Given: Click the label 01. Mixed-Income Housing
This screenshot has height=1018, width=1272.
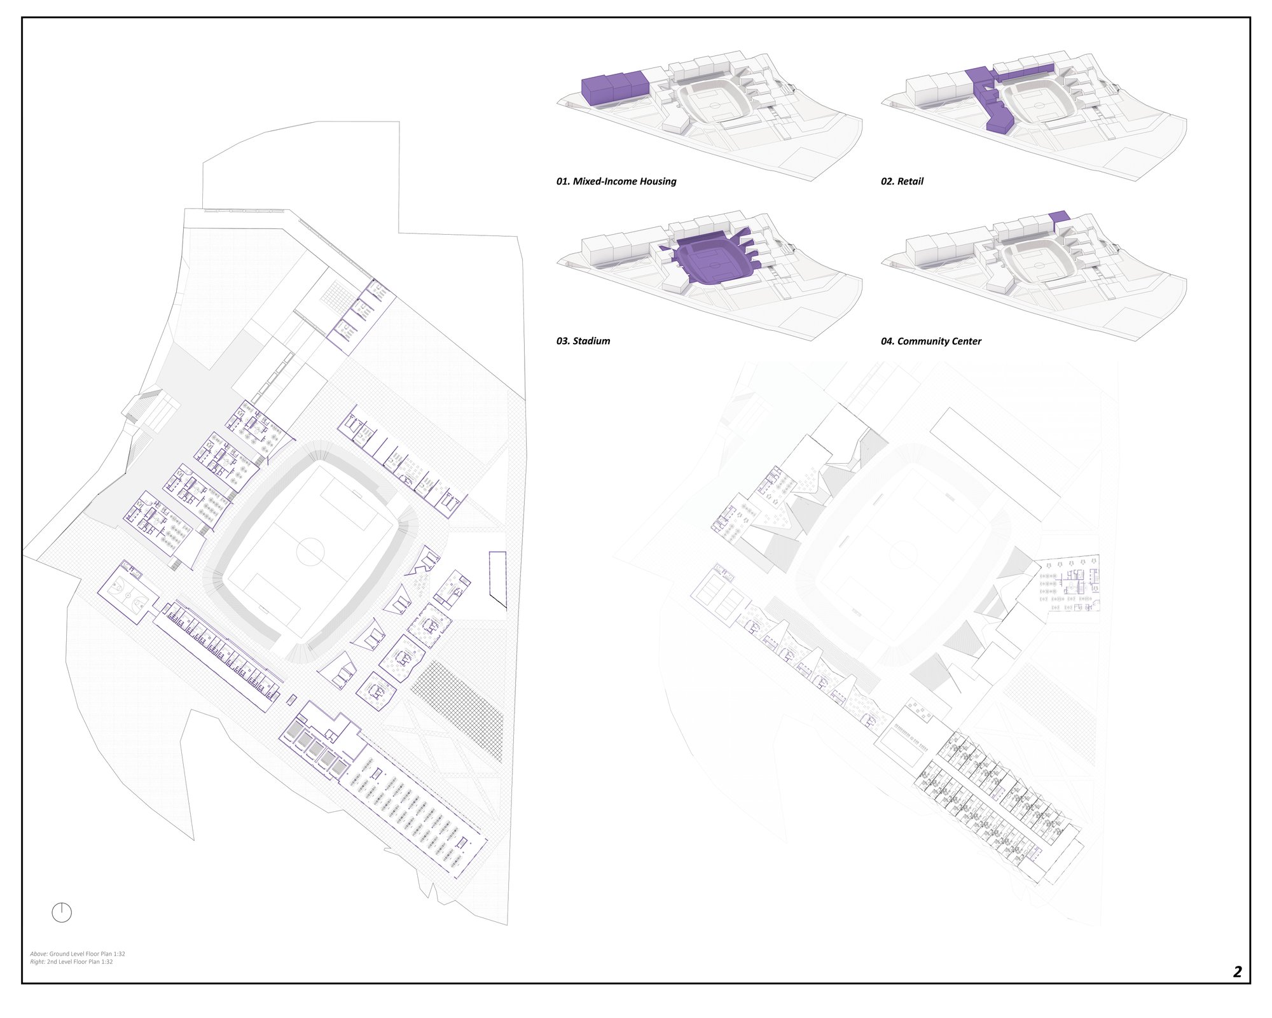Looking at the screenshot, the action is (616, 181).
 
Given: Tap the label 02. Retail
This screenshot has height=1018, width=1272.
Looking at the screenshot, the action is (902, 181).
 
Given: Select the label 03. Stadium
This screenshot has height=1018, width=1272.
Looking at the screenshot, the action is (583, 341).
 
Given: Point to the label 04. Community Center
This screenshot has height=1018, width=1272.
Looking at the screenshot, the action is (930, 341).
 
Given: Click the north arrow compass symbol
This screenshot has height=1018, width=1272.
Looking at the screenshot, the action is (62, 912).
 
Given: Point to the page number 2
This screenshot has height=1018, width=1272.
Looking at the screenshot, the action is (1237, 972).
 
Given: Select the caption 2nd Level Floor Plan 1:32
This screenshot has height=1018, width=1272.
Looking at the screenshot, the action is (80, 961).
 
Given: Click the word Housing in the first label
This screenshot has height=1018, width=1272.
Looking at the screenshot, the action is (658, 181).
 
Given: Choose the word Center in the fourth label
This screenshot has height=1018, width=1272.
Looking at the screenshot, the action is (964, 341).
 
